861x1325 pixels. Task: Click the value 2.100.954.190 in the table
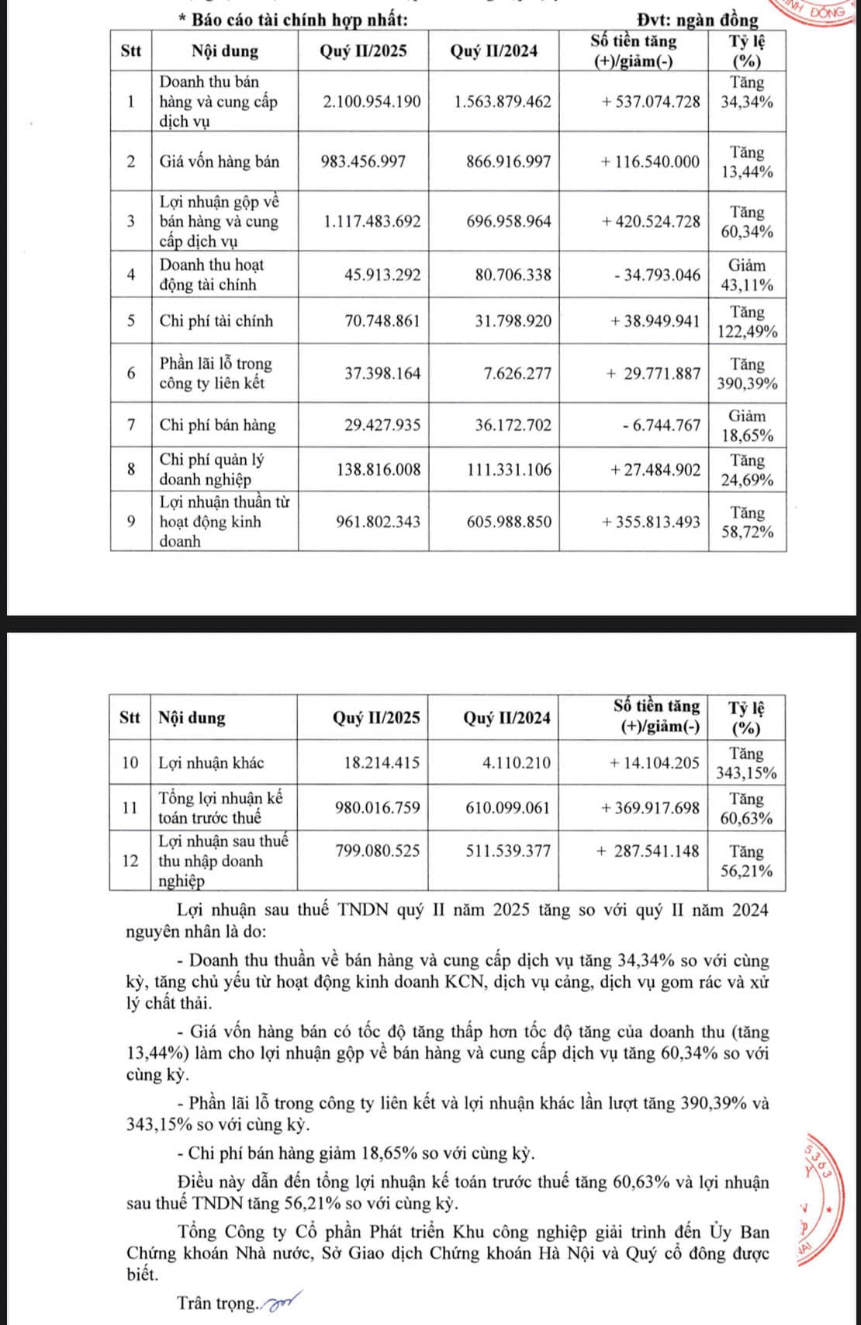pyautogui.click(x=372, y=102)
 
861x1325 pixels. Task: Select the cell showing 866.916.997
pyautogui.click(x=508, y=162)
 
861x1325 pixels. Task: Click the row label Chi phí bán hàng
pyautogui.click(x=217, y=425)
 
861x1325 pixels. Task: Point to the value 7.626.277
pyautogui.click(x=517, y=373)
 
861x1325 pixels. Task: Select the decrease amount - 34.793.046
pyautogui.click(x=662, y=275)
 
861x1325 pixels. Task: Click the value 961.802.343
pyautogui.click(x=378, y=522)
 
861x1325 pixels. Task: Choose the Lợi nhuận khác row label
pyautogui.click(x=211, y=763)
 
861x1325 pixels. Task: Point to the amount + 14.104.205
pyautogui.click(x=654, y=763)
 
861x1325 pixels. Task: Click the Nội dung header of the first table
pyautogui.click(x=225, y=52)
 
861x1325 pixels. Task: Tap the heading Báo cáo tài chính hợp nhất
pyautogui.click(x=299, y=19)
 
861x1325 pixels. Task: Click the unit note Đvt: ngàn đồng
pyautogui.click(x=696, y=20)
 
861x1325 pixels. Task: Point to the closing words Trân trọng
pyautogui.click(x=216, y=1303)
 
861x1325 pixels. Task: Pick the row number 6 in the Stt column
pyautogui.click(x=131, y=373)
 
